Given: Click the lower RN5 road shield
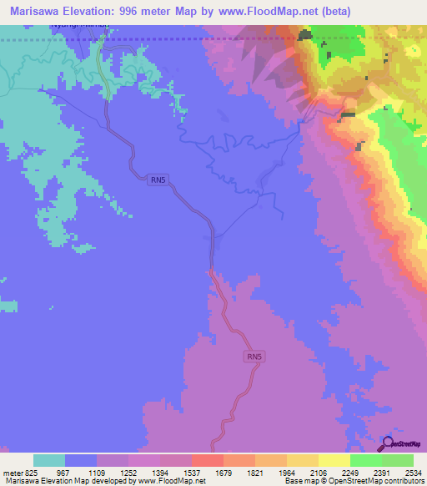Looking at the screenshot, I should (x=255, y=357).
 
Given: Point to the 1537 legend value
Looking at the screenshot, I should (x=175, y=472).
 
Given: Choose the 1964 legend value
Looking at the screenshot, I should (x=269, y=472).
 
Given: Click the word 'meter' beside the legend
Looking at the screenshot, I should (x=13, y=472).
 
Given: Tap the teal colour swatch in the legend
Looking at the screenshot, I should (x=49, y=460).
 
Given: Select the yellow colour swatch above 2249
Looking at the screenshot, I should (x=334, y=460).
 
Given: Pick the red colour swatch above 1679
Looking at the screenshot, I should (x=207, y=460).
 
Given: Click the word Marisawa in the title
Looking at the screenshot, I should (x=36, y=11).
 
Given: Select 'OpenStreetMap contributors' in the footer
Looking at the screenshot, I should (x=380, y=481).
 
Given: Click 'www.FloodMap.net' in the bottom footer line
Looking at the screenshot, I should (x=171, y=481).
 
